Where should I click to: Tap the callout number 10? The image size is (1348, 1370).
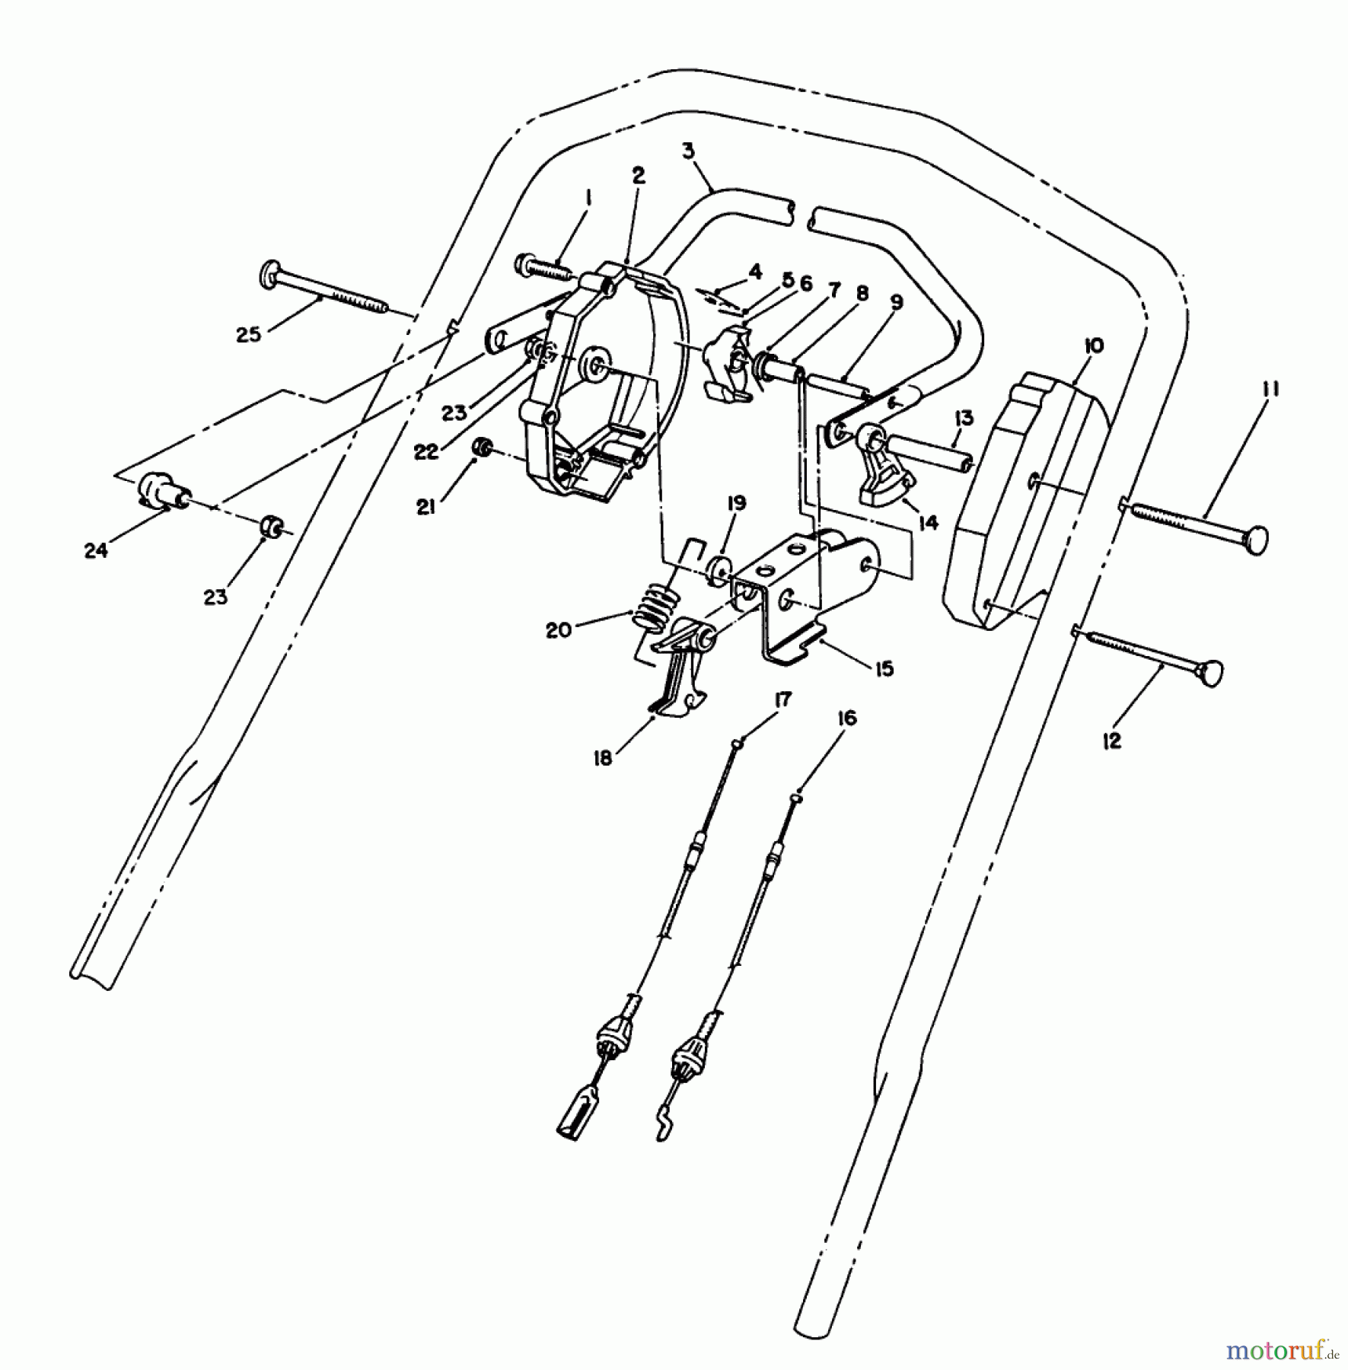tap(1093, 346)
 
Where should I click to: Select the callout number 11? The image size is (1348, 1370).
tap(1270, 390)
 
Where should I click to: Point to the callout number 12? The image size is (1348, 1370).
tap(1112, 741)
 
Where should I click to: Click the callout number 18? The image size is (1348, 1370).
tap(603, 758)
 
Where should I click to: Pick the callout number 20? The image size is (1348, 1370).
tap(558, 630)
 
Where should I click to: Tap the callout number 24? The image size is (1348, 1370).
tap(96, 550)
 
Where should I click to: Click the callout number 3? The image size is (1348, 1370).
tap(688, 151)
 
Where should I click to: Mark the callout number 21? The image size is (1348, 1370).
tap(425, 505)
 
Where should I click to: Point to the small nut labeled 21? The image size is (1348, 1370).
tap(481, 448)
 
